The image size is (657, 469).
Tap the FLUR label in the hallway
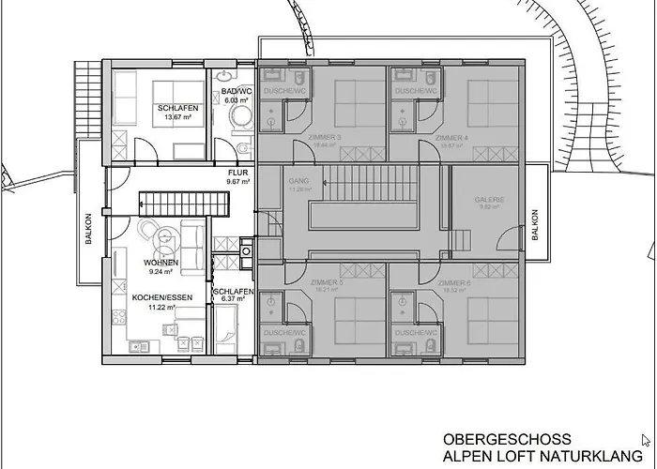point(237,173)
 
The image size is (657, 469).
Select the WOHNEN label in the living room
point(160,263)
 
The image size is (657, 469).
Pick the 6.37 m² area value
point(231,301)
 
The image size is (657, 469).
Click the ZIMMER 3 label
point(324,137)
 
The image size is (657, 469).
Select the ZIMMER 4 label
point(452,137)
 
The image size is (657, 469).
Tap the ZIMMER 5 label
point(324,281)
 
